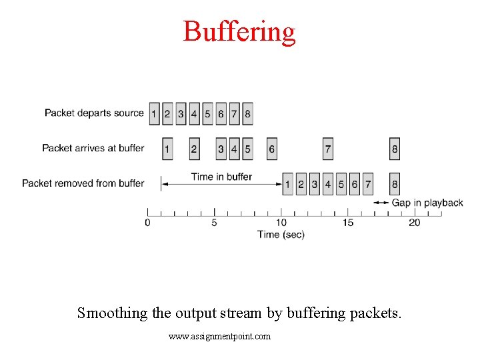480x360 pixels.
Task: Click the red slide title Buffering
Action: point(239,31)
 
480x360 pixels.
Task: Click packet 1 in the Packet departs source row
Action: point(154,113)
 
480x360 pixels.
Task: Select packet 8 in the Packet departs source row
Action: point(247,113)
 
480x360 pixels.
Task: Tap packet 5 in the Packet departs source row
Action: point(207,113)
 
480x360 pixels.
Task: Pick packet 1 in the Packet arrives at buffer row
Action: point(167,149)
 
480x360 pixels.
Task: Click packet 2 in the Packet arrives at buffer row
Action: point(194,149)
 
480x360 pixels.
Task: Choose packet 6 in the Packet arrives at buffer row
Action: point(271,149)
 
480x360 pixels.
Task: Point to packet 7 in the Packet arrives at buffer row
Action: point(327,149)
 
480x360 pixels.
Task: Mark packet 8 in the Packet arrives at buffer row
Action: point(395,149)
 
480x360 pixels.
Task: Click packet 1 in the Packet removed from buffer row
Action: point(287,183)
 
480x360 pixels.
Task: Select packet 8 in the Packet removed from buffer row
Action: point(395,183)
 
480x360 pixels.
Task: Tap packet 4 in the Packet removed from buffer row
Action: point(327,183)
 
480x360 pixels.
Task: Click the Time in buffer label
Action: point(221,177)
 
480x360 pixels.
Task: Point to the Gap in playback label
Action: point(427,203)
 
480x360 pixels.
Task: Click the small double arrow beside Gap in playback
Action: point(381,203)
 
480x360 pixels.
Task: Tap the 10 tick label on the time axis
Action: point(281,223)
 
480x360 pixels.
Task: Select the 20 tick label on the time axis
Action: point(414,223)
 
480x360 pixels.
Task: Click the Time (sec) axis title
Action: point(281,235)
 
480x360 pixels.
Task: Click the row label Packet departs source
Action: point(94,113)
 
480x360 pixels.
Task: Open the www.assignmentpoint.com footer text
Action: point(219,337)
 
